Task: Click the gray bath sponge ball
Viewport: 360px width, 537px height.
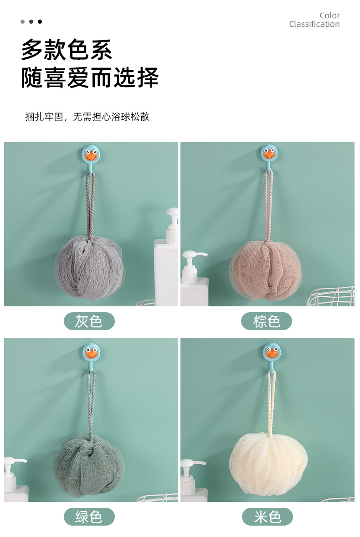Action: pos(90,268)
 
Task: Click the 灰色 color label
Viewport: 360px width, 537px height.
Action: pos(89,321)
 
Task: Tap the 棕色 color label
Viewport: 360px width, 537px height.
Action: pos(267,321)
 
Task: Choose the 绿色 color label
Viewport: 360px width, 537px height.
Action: pos(89,516)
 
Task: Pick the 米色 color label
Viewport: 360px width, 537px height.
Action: pos(267,516)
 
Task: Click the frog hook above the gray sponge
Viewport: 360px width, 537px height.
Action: pos(91,155)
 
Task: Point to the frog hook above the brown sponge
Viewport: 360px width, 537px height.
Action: pos(269,154)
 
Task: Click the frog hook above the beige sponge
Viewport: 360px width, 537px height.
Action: pos(272,352)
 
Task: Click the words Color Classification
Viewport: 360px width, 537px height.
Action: pos(314,20)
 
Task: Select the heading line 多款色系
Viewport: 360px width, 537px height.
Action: pos(67,50)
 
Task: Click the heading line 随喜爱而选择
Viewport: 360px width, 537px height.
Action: pos(90,77)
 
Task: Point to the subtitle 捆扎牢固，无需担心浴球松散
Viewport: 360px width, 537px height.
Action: pos(87,117)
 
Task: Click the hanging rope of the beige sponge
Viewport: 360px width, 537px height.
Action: pos(272,403)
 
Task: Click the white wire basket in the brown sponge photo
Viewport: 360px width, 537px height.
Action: pos(331,296)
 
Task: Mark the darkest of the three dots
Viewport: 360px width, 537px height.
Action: pos(40,21)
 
